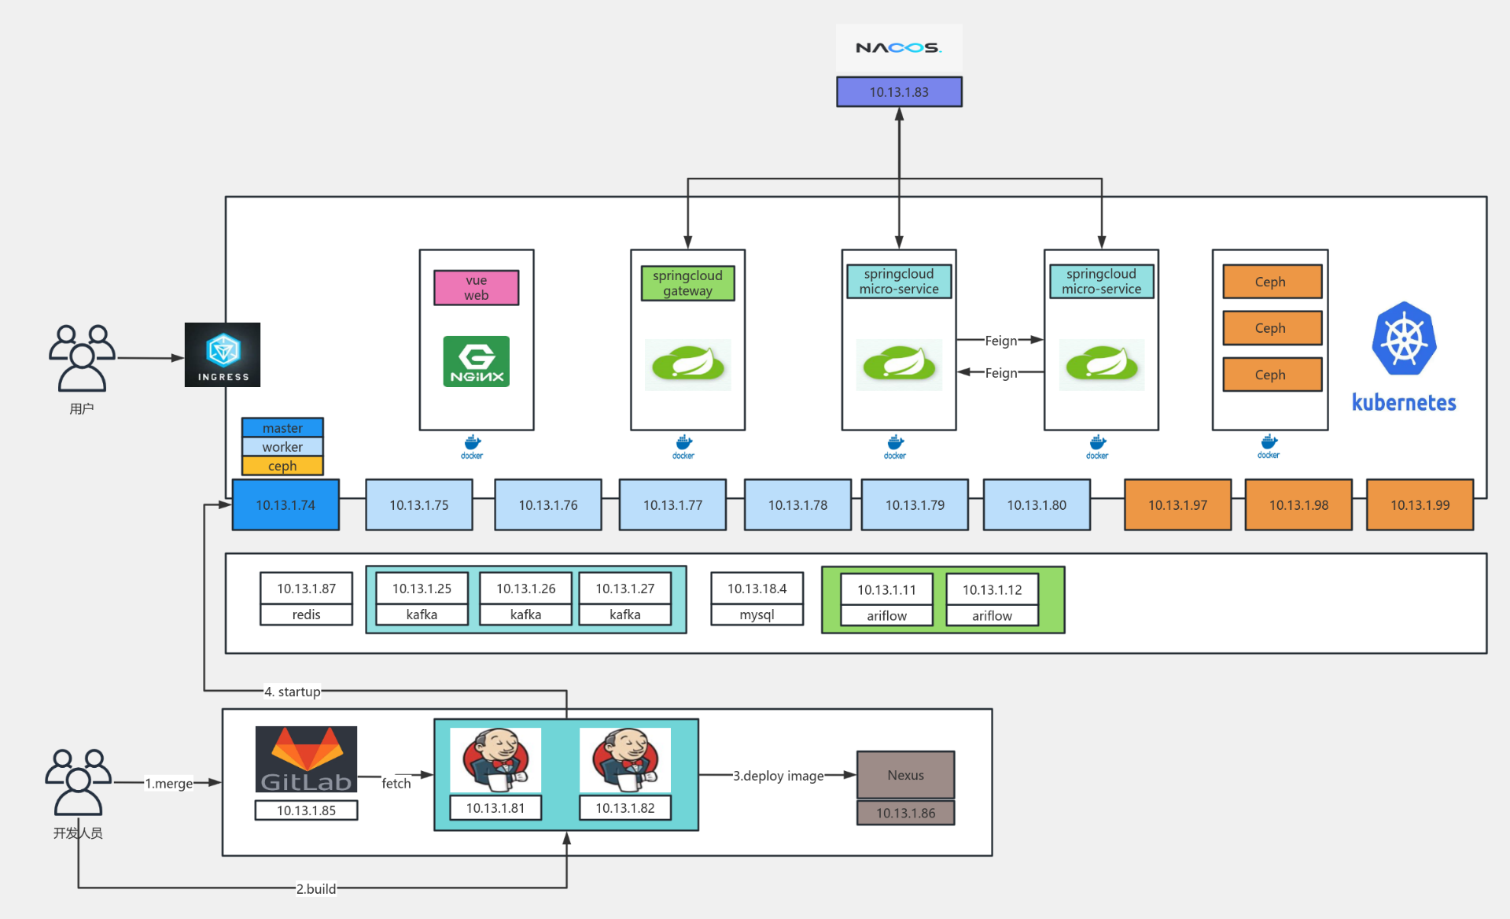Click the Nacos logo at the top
898,48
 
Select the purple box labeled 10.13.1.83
898,92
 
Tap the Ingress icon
223,355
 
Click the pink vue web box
476,288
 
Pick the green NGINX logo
476,362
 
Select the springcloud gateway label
687,283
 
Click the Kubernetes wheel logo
1404,338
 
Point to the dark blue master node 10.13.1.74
285,505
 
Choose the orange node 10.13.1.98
1298,505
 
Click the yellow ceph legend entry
282,466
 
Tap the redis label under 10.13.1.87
306,615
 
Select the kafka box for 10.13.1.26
525,615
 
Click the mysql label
757,615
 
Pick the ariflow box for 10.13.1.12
992,615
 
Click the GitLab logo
306,759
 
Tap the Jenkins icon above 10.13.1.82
625,760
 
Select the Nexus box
905,775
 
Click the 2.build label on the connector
316,888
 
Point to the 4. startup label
293,692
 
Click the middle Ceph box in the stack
1271,328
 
